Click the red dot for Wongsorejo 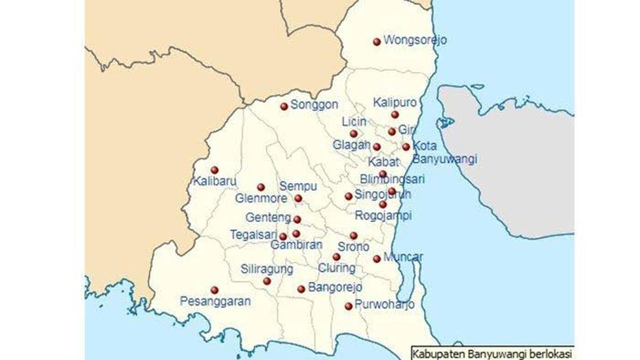[377, 42]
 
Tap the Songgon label [314, 105]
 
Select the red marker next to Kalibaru [214, 170]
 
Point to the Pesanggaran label [215, 301]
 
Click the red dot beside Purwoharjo [348, 306]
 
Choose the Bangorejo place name [335, 287]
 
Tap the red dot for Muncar [377, 258]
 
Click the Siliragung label [266, 269]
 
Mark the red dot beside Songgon [284, 106]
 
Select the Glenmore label [261, 198]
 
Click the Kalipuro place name [395, 102]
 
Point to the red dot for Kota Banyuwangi [406, 147]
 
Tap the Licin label [354, 121]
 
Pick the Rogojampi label [383, 216]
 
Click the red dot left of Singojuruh [348, 196]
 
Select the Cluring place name [336, 268]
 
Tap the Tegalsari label [253, 234]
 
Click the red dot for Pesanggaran [214, 290]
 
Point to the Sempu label [298, 186]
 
